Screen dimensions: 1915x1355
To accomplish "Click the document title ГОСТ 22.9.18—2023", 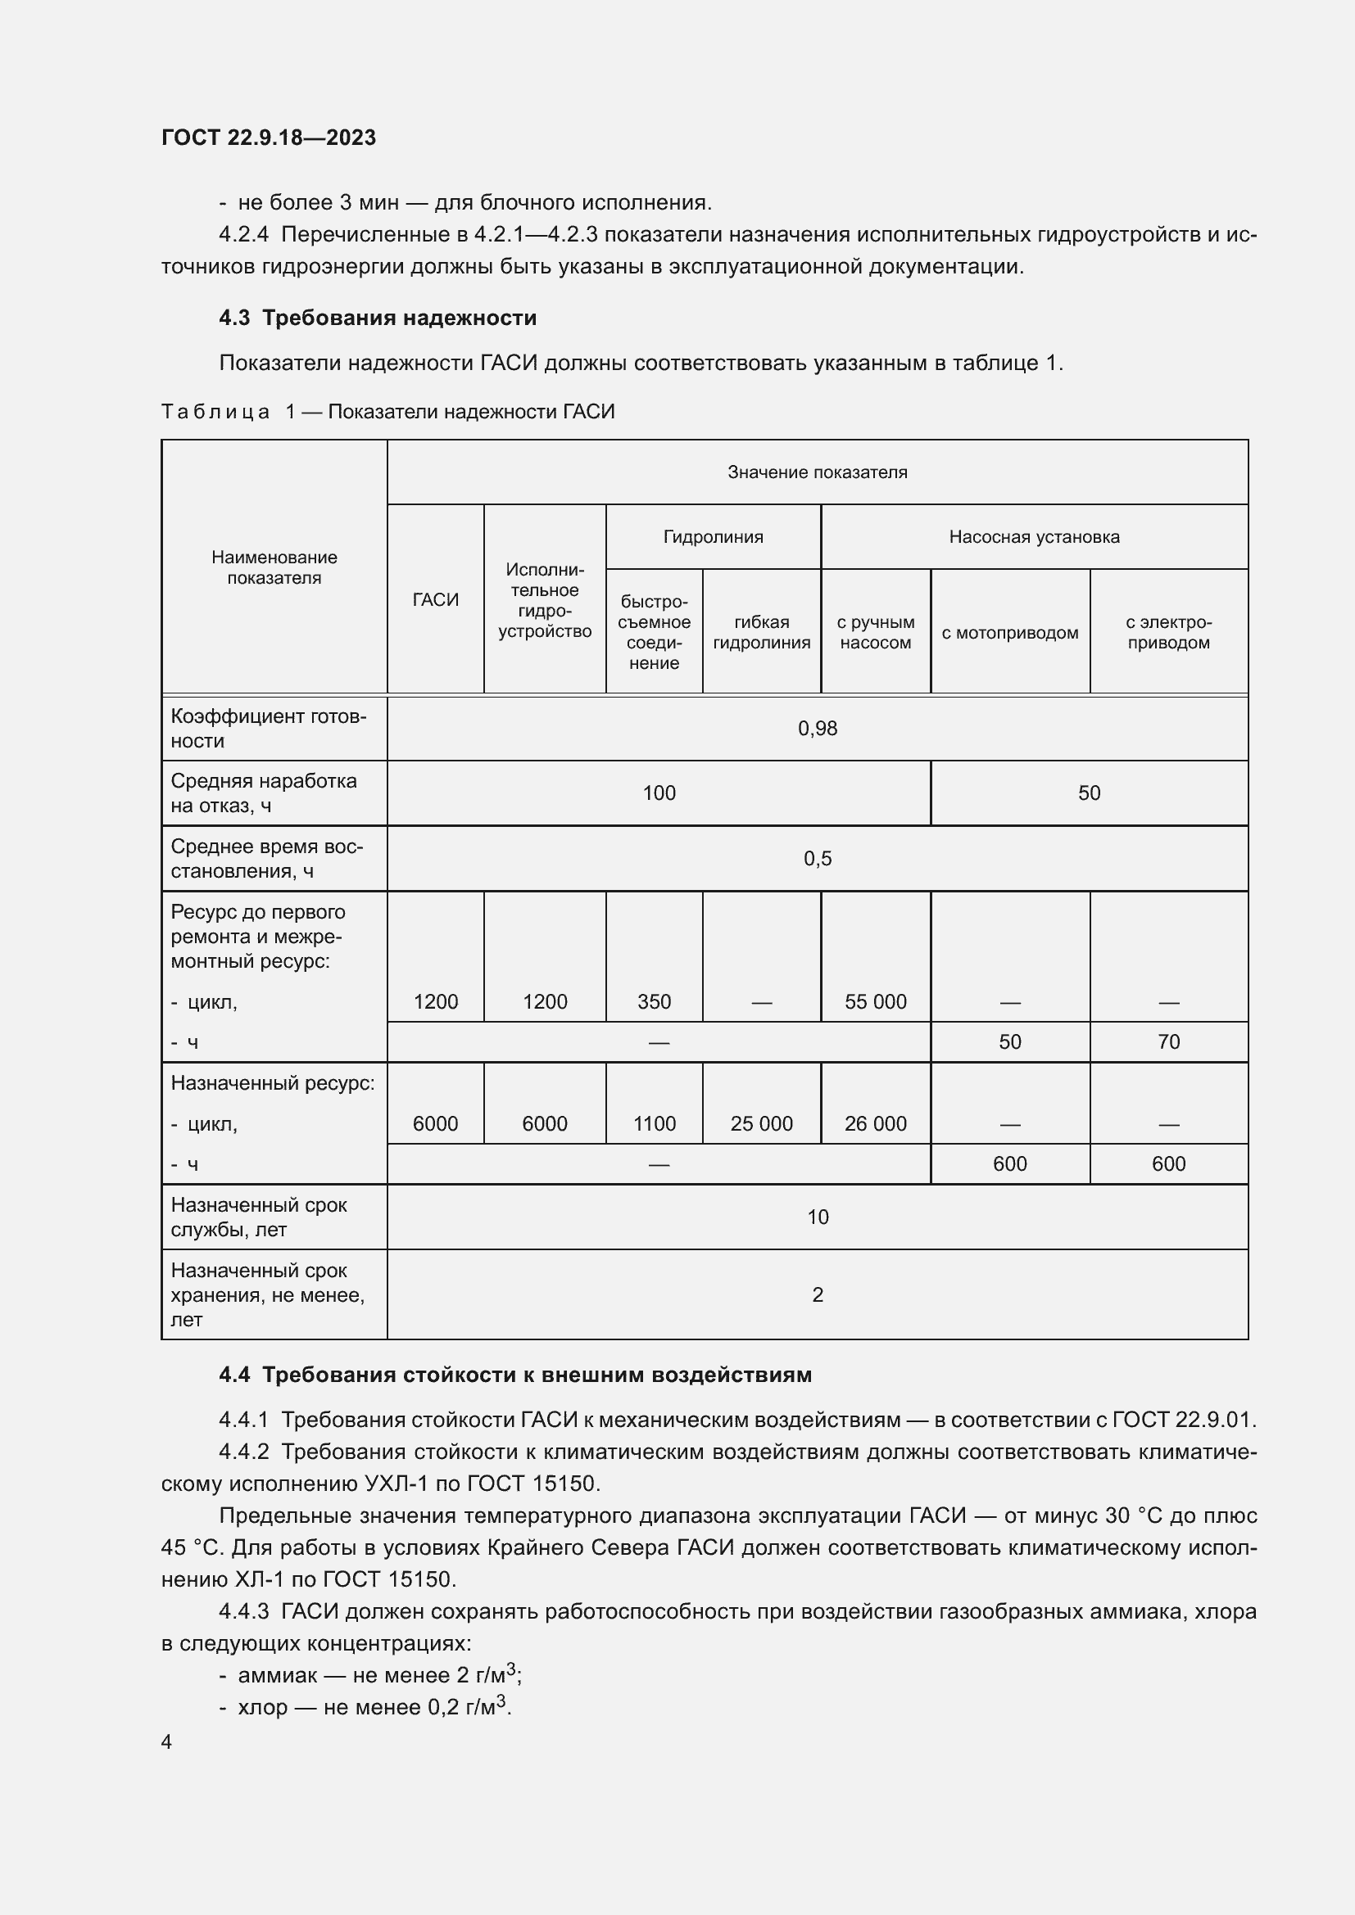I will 268,138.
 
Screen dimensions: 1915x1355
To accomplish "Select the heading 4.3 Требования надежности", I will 377,318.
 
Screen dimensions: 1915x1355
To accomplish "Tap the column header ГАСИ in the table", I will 436,599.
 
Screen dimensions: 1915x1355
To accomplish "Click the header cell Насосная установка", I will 1034,537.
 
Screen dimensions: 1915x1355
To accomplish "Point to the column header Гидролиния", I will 713,537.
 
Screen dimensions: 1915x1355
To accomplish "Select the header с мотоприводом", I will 1009,632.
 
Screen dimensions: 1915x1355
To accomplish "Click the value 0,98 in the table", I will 817,729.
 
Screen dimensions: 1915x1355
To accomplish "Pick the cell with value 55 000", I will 875,1001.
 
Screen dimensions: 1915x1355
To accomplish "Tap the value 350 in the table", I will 653,1001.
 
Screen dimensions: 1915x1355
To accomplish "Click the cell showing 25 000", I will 761,1123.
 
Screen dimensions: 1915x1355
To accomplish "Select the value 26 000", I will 875,1123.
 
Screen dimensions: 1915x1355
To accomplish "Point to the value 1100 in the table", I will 653,1123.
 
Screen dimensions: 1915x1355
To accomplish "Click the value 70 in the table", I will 1168,1041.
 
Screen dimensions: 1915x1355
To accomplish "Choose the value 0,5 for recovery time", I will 817,859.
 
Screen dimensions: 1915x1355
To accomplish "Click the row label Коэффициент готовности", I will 268,728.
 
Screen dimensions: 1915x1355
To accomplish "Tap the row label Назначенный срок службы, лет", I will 259,1217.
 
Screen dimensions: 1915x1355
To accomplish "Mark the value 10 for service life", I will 817,1217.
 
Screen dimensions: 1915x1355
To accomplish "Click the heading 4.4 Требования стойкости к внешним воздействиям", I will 514,1375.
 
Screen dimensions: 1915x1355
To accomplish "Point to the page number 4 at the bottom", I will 167,1741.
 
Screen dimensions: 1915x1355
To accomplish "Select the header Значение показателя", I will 817,472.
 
